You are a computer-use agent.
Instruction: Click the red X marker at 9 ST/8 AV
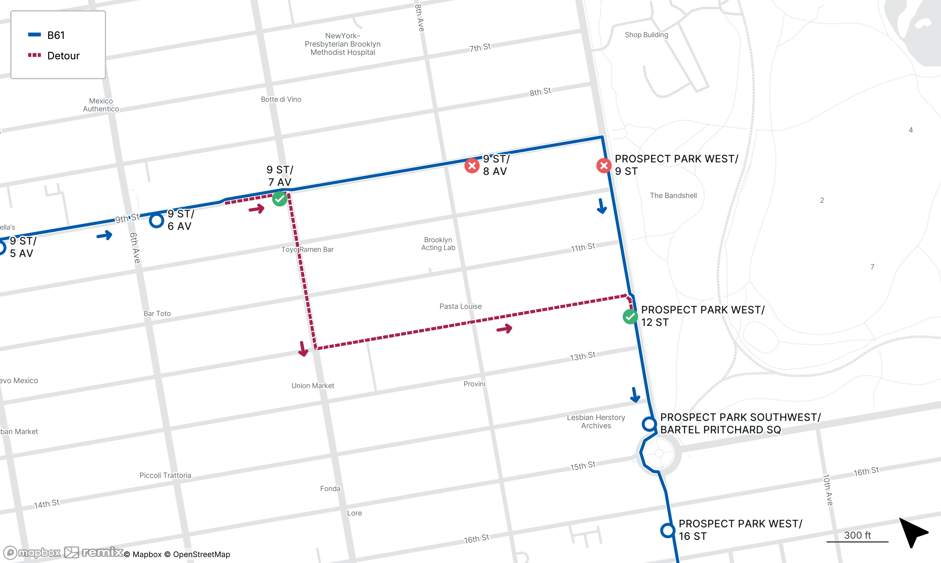(472, 166)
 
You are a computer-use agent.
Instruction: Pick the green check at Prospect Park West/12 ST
(630, 316)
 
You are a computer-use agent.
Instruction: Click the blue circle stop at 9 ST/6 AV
(156, 220)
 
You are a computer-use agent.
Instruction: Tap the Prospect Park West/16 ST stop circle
(667, 530)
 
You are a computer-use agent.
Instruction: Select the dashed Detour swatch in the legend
(35, 55)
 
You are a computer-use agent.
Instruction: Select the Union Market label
(313, 385)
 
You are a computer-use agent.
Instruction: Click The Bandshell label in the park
(673, 195)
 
